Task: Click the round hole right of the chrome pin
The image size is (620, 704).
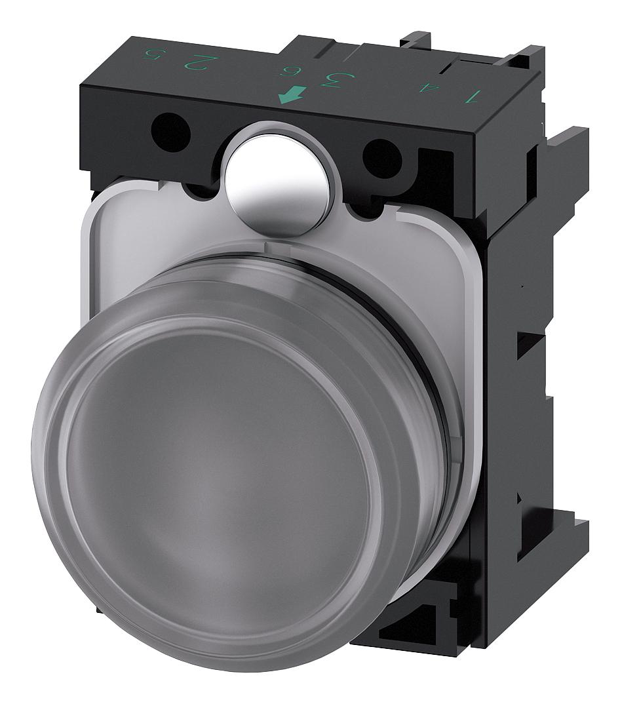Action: (x=382, y=159)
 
